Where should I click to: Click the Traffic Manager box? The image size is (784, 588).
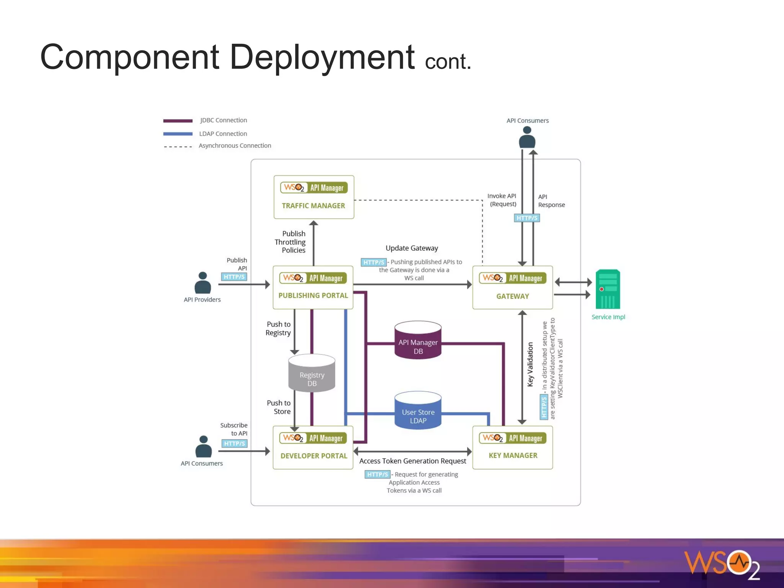click(314, 197)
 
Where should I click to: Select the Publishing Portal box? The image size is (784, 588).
click(313, 287)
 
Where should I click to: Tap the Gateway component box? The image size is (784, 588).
click(512, 287)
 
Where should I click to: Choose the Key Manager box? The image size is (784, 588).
click(512, 448)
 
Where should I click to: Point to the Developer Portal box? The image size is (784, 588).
click(313, 448)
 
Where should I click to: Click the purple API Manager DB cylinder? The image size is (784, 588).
click(418, 340)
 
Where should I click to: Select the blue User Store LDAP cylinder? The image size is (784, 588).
click(418, 410)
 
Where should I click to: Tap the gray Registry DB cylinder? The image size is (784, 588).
click(312, 373)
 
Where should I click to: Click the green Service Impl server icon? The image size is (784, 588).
click(608, 289)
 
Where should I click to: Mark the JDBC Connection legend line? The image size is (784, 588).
click(178, 121)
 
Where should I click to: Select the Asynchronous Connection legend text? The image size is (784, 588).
click(235, 146)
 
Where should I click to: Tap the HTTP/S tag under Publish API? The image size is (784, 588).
click(234, 277)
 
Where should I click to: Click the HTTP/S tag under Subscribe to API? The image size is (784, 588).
click(234, 444)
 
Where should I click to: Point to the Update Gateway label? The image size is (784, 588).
click(412, 248)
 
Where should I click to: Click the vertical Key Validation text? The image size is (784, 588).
click(530, 364)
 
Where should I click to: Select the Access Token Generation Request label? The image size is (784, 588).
click(412, 461)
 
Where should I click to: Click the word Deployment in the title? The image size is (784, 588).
click(322, 57)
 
